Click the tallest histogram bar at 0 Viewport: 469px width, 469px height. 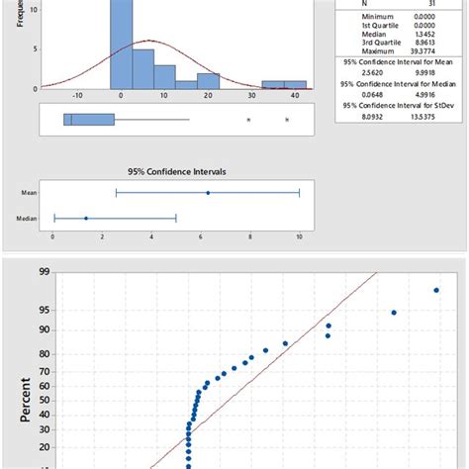tap(121, 45)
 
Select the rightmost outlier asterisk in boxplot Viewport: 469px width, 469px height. tap(287, 121)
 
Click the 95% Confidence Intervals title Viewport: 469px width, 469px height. tap(177, 171)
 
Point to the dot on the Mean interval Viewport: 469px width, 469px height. tap(208, 193)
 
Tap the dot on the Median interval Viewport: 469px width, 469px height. tap(86, 218)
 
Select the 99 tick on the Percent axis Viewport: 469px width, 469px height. tap(44, 272)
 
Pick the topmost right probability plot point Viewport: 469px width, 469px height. tap(436, 290)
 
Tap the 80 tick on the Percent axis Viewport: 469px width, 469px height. tap(44, 352)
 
